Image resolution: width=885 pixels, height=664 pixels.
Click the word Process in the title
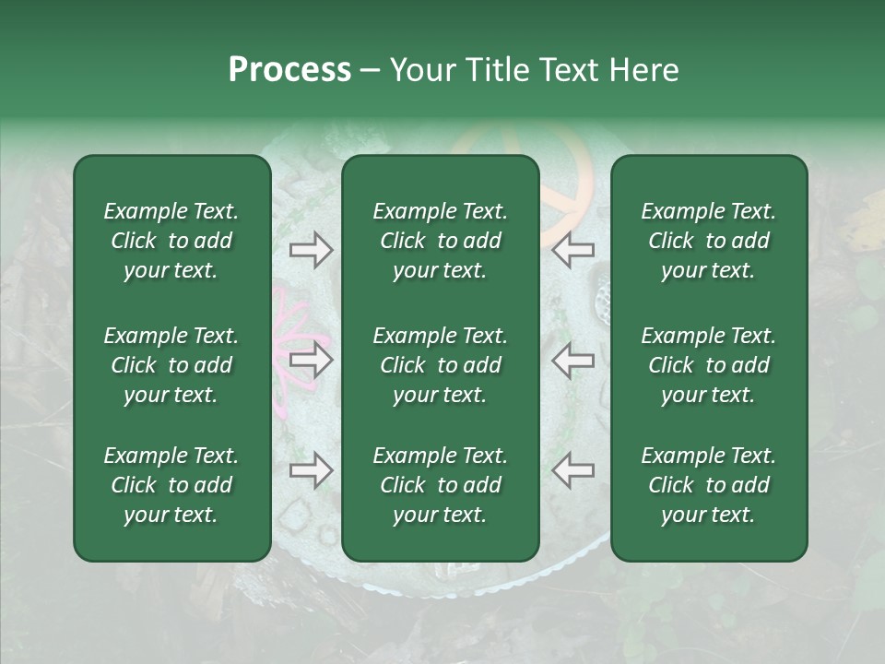tap(289, 70)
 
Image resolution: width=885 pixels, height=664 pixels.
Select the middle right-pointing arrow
tap(311, 360)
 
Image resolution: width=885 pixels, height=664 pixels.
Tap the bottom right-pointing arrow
tap(311, 471)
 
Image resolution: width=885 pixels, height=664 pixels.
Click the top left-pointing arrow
tap(572, 250)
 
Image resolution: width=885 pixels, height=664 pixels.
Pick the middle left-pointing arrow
tap(572, 360)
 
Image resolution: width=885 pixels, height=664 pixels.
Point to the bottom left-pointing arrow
tap(572, 471)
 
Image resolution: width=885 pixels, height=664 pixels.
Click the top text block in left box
tap(171, 241)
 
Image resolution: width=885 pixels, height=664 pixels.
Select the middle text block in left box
tap(171, 365)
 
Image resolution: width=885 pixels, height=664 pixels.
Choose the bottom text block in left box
tap(171, 485)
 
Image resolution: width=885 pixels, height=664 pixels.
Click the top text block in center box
tap(440, 241)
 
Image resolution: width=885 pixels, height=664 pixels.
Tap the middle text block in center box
tap(440, 365)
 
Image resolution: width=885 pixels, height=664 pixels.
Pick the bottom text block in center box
tap(440, 485)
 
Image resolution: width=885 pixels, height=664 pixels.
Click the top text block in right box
tap(708, 241)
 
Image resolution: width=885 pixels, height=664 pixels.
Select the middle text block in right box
tap(708, 365)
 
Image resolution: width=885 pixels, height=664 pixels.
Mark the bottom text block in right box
tap(708, 485)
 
